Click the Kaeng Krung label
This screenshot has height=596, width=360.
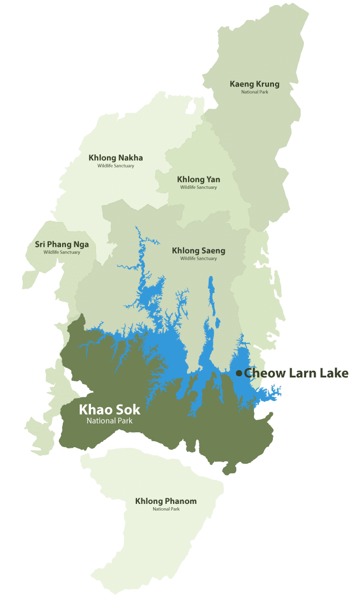click(x=255, y=84)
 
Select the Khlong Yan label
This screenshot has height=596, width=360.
click(x=199, y=179)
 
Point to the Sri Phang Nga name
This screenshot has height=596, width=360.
click(x=62, y=244)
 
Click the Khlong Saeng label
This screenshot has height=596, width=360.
click(x=199, y=251)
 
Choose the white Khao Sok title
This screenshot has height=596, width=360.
click(x=110, y=410)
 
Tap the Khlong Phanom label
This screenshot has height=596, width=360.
click(x=166, y=501)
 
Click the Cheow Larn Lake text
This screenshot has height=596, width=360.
click(x=296, y=373)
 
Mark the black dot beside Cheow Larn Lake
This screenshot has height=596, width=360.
click(x=239, y=373)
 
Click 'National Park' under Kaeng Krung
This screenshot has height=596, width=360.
click(x=255, y=92)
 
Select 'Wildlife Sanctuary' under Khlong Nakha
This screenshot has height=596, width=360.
click(x=116, y=165)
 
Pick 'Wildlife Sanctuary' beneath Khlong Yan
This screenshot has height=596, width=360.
click(x=199, y=187)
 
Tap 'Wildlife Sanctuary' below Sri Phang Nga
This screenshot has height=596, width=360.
click(x=62, y=252)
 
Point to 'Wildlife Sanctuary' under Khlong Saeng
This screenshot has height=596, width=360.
click(x=199, y=259)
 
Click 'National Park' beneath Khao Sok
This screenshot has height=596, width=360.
click(x=109, y=421)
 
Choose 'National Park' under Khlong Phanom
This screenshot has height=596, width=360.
click(x=166, y=509)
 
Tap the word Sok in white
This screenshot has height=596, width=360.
click(x=128, y=410)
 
